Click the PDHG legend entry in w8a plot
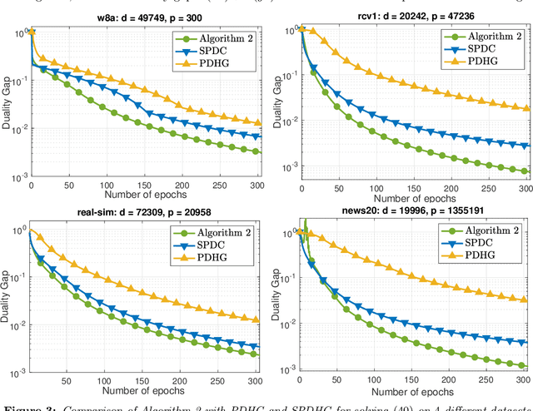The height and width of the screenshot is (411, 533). coord(219,63)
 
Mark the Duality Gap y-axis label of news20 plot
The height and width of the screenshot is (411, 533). coord(276,295)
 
